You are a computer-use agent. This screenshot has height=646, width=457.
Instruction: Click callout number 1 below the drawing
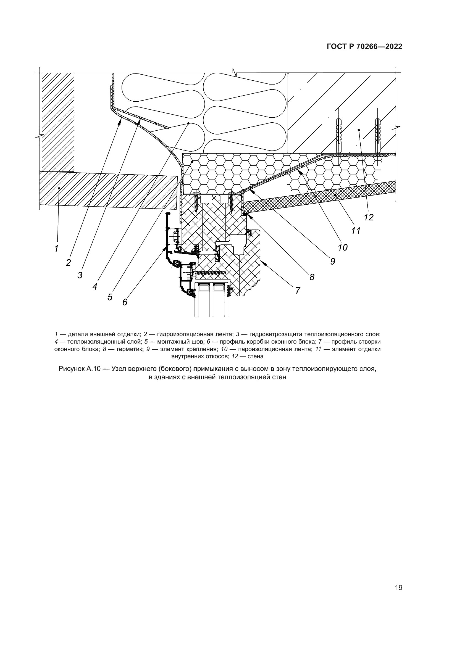coord(56,249)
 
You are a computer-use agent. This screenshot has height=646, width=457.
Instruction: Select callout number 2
coord(68,262)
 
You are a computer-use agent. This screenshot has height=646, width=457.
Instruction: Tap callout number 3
coord(80,275)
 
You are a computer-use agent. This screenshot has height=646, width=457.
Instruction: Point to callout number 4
coord(95,287)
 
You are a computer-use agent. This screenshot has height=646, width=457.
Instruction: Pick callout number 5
coord(110,297)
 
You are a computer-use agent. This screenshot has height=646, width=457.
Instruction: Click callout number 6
coord(125,302)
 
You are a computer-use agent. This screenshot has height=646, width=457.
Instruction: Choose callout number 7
coord(298,290)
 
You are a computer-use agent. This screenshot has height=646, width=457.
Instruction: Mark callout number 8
coord(312,277)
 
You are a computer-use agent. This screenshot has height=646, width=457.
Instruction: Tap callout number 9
coord(333,262)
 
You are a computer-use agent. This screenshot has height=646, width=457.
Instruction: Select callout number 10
coord(343,247)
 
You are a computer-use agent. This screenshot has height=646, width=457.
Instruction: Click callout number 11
coord(356,231)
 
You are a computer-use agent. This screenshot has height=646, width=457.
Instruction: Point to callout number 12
coord(368,217)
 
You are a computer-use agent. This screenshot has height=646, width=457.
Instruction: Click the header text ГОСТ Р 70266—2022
coord(364,47)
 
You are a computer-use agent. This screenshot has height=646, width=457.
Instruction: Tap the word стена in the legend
coord(256,357)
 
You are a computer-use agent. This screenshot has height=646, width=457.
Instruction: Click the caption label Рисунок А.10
coord(79,369)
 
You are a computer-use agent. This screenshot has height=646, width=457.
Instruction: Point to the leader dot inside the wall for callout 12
coord(359,130)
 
